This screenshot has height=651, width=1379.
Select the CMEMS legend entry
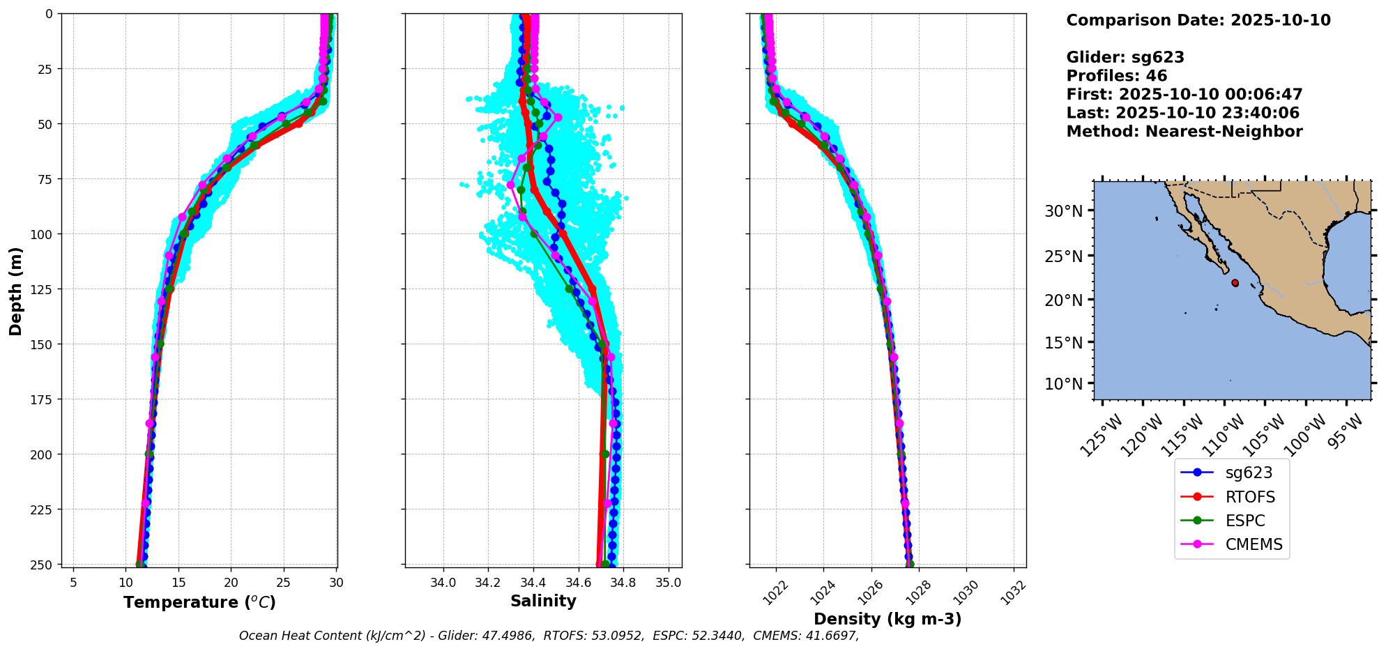1253,544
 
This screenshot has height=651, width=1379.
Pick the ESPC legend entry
1244,521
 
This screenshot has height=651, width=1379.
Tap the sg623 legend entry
1248,473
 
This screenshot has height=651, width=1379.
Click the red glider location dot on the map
1235,283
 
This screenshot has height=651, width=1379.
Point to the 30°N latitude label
1063,211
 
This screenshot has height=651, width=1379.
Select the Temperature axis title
199,602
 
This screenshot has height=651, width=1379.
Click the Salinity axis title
543,601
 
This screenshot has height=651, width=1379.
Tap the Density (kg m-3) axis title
887,619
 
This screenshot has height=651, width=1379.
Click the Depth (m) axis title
15,291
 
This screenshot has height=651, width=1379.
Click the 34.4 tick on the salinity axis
533,582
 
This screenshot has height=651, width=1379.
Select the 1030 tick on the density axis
966,592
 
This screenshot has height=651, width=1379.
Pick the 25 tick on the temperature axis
283,582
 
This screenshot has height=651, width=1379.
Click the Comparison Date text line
1198,20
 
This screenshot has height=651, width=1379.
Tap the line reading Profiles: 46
1116,76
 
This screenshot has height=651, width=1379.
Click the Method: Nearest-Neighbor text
1184,132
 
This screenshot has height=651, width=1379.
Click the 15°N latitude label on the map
1063,343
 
